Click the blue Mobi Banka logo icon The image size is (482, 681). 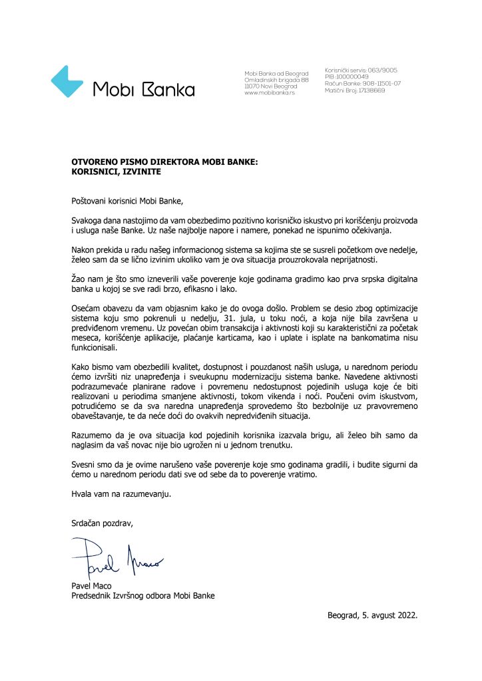67,82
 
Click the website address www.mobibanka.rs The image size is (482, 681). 270,93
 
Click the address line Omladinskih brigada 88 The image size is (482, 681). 276,80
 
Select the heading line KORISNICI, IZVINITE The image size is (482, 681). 117,171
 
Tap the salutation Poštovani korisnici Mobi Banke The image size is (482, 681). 126,200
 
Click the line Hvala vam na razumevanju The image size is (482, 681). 117,494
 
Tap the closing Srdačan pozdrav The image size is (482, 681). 103,523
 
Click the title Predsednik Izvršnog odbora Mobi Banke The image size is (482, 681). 143,596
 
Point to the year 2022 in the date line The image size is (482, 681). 404,616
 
